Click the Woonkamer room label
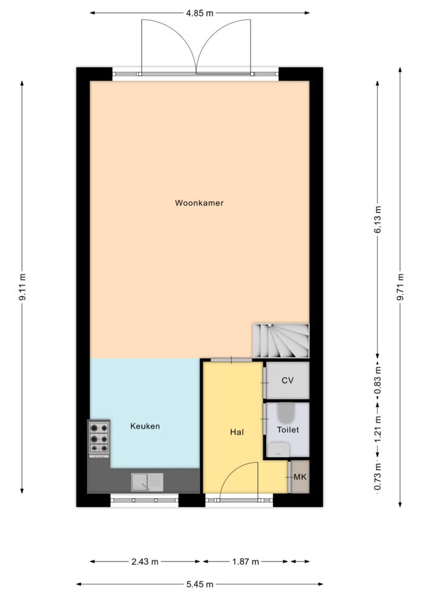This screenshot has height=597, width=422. (x=199, y=203)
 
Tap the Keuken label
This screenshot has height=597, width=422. (x=145, y=426)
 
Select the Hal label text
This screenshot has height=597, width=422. (x=237, y=432)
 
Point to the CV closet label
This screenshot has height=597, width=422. (x=287, y=381)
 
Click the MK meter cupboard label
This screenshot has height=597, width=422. (x=300, y=477)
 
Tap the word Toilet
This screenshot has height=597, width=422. (x=288, y=430)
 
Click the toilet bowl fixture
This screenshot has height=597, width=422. (x=287, y=413)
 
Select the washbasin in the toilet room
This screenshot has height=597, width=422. (x=278, y=450)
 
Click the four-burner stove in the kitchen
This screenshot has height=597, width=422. (x=99, y=438)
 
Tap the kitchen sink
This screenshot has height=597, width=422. (x=147, y=482)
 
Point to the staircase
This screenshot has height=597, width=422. (x=281, y=341)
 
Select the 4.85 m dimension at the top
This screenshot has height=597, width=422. (x=200, y=13)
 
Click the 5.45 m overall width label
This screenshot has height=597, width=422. (x=200, y=585)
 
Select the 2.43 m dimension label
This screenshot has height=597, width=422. (x=145, y=562)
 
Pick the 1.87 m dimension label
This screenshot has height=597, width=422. (x=245, y=562)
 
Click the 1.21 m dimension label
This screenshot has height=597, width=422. (x=377, y=429)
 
